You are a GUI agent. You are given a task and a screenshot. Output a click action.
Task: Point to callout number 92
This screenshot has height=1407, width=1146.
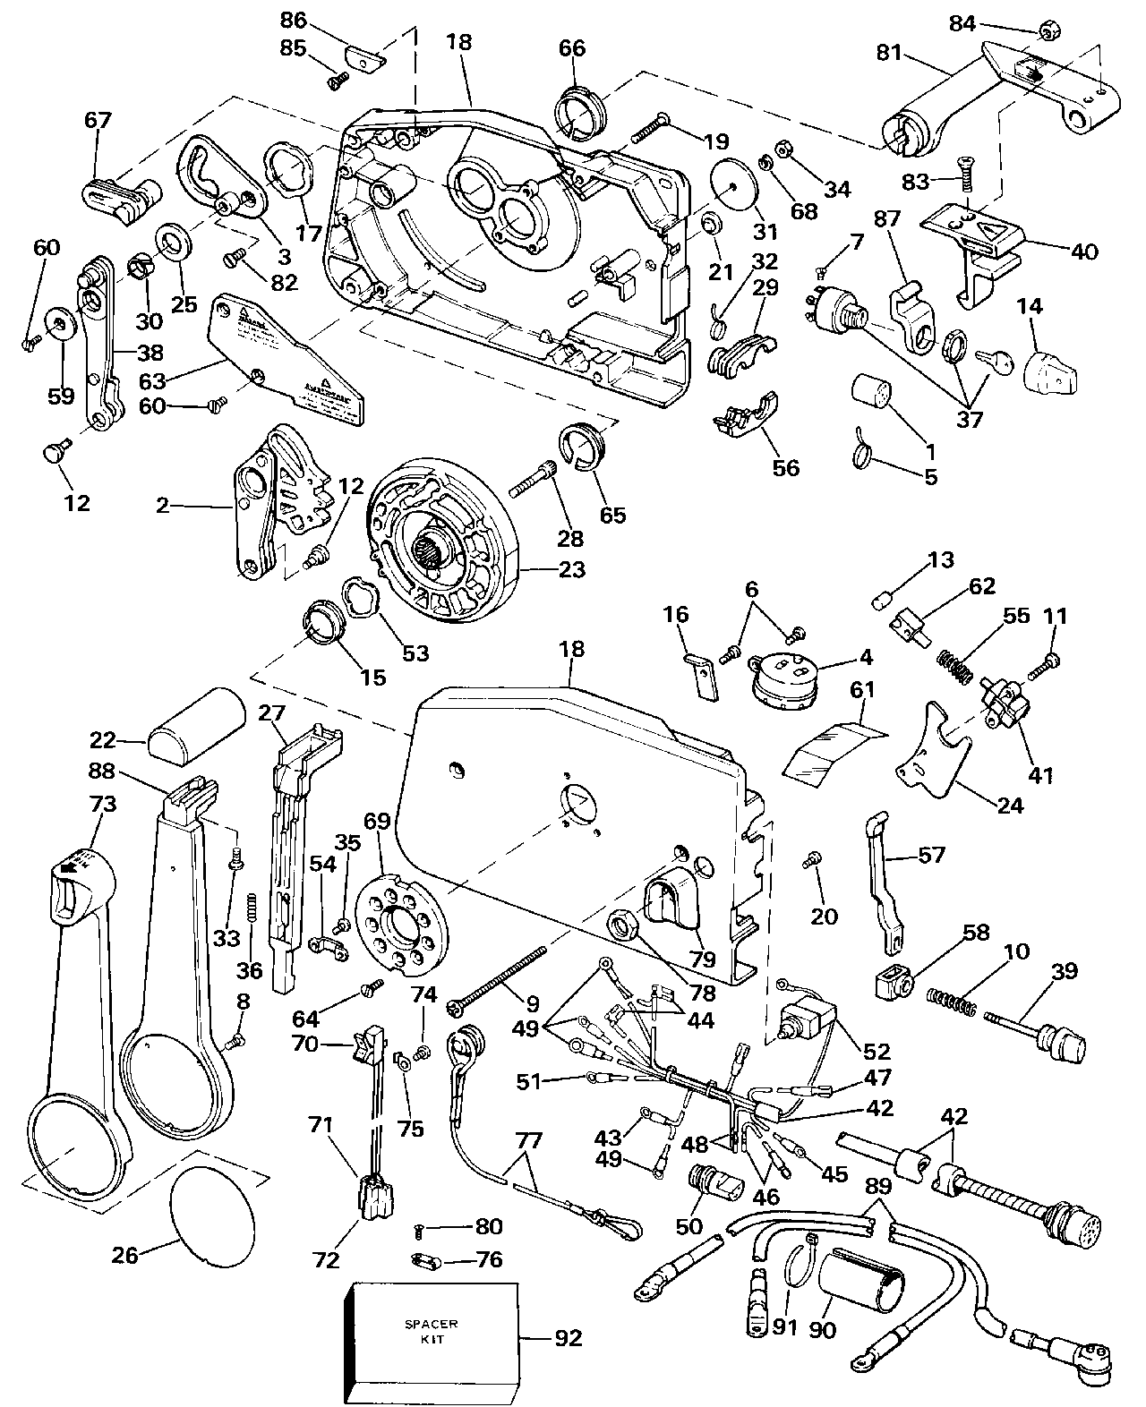(569, 1338)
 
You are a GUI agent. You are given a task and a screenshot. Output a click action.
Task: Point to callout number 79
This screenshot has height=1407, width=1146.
(703, 960)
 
